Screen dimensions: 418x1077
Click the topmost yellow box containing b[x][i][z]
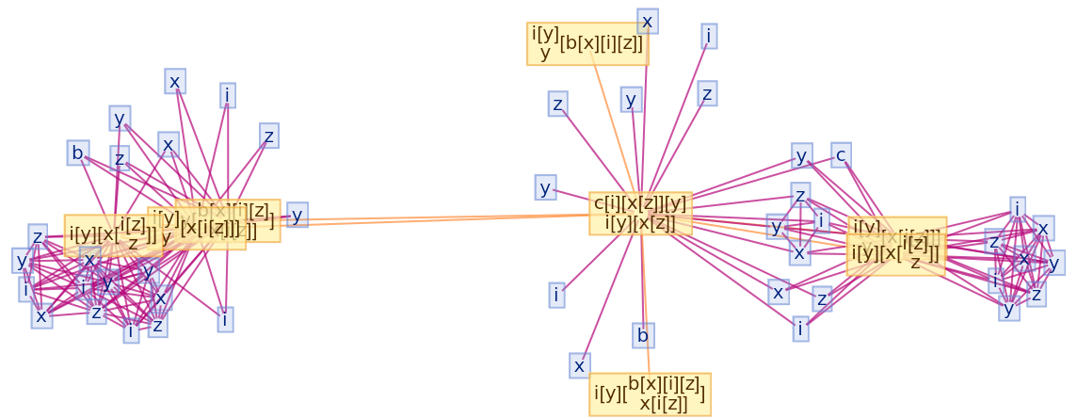pyautogui.click(x=587, y=43)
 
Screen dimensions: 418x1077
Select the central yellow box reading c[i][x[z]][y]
pyautogui.click(x=640, y=213)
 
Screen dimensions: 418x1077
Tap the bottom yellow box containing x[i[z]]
pyautogui.click(x=650, y=394)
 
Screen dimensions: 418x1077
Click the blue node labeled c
pyautogui.click(x=841, y=154)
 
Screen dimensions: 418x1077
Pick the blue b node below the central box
pyautogui.click(x=643, y=335)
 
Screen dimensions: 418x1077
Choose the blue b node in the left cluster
pyautogui.click(x=77, y=153)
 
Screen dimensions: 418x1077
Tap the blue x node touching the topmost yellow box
pyautogui.click(x=647, y=21)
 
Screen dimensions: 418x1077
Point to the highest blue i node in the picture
pyautogui.click(x=709, y=36)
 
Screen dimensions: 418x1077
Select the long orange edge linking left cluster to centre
pyautogui.click(x=442, y=218)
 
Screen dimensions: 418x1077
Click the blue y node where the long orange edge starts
pyautogui.click(x=297, y=216)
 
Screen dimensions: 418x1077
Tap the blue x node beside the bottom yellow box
pyautogui.click(x=580, y=365)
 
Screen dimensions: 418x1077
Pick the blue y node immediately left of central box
pyautogui.click(x=545, y=187)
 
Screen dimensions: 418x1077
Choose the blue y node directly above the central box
pyautogui.click(x=631, y=99)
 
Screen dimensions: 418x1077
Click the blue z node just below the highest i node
pyautogui.click(x=707, y=94)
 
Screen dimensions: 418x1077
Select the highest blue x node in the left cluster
pyautogui.click(x=174, y=82)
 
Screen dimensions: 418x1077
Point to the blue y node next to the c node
pyautogui.click(x=801, y=155)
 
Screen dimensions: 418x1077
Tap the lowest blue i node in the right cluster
pyautogui.click(x=800, y=330)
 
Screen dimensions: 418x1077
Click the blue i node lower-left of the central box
pyautogui.click(x=556, y=295)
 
